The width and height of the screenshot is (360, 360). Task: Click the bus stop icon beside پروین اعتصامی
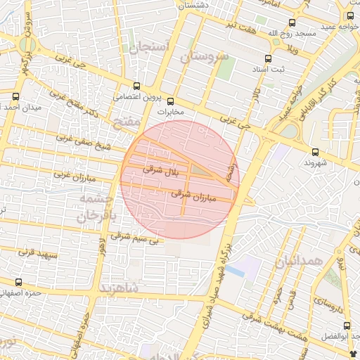pos(136,86)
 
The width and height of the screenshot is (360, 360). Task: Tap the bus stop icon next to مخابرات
pos(169,101)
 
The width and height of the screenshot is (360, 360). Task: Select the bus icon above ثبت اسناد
pos(267,59)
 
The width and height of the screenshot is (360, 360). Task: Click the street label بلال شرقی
pos(157,169)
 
